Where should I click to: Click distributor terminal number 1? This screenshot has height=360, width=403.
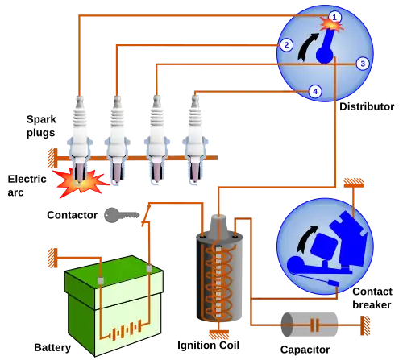(x=334, y=17)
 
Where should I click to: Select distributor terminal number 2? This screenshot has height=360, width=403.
(x=286, y=45)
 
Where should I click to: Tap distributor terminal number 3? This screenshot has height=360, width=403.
(x=363, y=64)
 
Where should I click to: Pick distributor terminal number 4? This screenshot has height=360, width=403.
(x=315, y=92)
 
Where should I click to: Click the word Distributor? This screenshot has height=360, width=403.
(x=367, y=106)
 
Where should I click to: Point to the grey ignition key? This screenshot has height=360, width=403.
(x=122, y=215)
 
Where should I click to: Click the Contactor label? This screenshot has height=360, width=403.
(x=72, y=215)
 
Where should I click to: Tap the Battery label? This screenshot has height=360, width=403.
(x=52, y=348)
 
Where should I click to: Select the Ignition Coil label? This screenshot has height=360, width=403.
(x=208, y=346)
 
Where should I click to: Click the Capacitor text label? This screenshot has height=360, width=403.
(x=305, y=350)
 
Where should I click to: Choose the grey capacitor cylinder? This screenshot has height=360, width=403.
(x=310, y=325)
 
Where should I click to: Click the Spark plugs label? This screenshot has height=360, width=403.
(x=41, y=126)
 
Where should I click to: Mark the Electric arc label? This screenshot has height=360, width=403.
(x=27, y=185)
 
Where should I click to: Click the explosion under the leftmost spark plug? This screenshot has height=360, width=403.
(x=80, y=183)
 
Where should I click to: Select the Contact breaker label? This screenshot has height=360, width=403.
(x=372, y=298)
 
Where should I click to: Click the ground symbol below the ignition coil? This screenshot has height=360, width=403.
(x=218, y=335)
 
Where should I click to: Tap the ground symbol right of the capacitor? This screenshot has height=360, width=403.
(x=365, y=325)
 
